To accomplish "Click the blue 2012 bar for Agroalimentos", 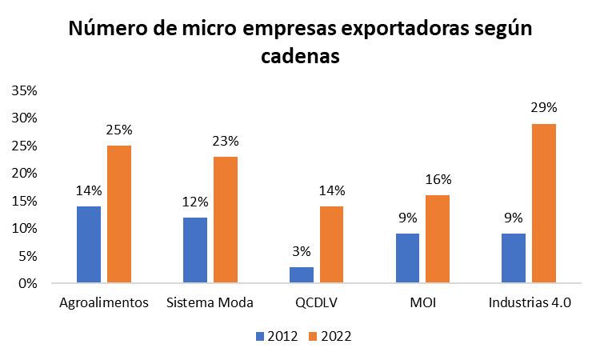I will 89,244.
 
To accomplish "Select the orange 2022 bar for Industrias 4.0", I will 543,202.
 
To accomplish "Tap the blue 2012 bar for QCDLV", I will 302,274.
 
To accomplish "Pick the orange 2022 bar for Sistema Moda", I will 225,219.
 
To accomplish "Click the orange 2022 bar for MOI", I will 438,238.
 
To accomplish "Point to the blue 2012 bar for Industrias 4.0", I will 513,258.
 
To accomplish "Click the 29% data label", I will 543,107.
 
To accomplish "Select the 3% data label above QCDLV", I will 302,250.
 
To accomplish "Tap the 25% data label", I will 119,129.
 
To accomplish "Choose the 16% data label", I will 438,178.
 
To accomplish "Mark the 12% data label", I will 194,201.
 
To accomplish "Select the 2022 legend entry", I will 329,336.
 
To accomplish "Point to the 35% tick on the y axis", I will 24,90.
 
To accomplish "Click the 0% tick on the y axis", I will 27,283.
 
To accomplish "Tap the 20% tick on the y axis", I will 24,173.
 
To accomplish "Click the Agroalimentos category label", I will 104,304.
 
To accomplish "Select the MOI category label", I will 422,304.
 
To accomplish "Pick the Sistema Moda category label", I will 210,304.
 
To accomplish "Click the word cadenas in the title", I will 300,58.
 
